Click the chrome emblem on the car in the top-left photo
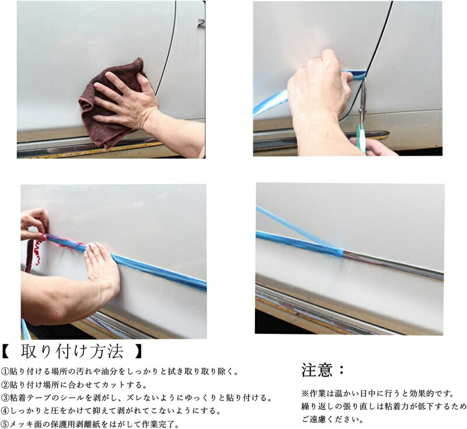tap(201, 23)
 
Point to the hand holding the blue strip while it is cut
tap(319, 89)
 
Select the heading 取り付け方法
tap(72, 351)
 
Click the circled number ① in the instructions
tap(6, 372)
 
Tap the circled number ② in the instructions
tap(6, 385)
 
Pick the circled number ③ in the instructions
tap(6, 398)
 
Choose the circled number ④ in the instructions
tap(6, 411)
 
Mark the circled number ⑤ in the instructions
tap(6, 424)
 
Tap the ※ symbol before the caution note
tap(305, 394)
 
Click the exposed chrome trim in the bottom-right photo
tap(393, 265)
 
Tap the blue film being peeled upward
tap(298, 228)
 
